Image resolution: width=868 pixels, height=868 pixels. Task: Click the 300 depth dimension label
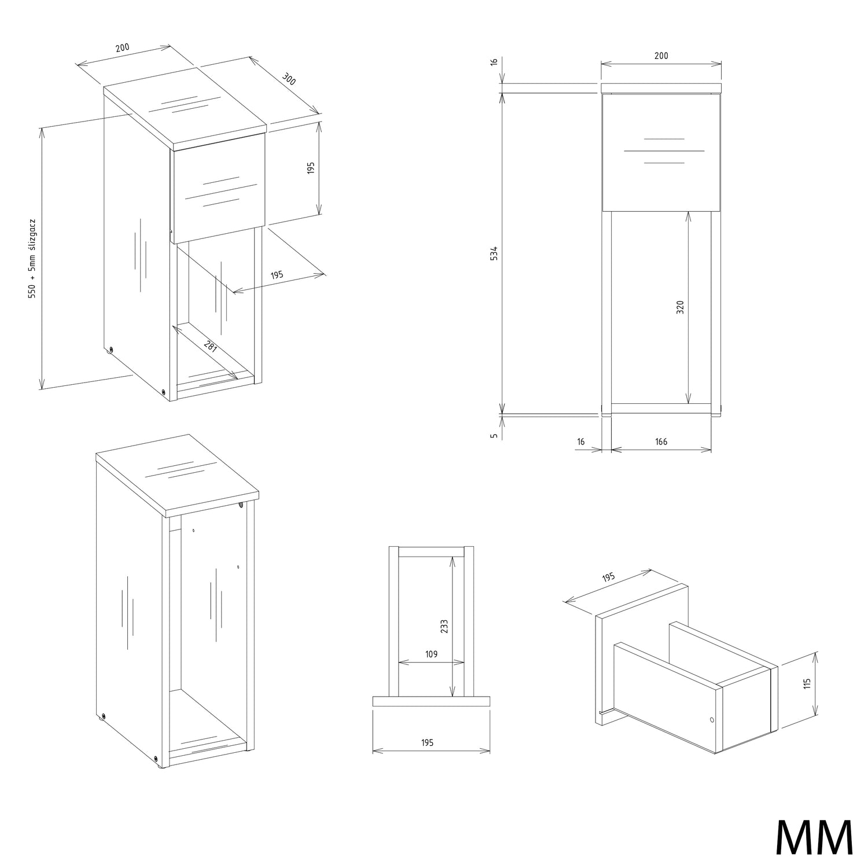coord(289,79)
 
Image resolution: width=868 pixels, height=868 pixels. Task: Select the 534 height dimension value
coord(494,253)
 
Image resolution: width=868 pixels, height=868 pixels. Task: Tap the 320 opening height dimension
coord(681,307)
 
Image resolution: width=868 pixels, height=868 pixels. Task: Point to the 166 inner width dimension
coord(661,442)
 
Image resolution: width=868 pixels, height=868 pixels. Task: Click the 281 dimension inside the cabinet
coord(210,346)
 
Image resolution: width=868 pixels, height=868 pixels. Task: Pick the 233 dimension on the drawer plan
coord(444,626)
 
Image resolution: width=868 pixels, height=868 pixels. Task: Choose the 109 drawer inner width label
coord(431,654)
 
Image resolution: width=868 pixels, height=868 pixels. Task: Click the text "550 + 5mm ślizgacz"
coord(33,259)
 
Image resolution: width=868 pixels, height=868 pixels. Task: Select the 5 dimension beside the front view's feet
coord(494,435)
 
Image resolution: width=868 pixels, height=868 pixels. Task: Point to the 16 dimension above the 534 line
coord(494,62)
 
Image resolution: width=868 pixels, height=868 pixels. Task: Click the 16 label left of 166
coord(581,442)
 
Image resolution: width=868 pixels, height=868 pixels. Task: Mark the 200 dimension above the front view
coord(661,56)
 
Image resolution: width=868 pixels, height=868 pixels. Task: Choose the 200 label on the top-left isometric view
coord(122,47)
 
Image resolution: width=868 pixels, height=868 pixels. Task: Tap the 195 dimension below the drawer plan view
coord(427,742)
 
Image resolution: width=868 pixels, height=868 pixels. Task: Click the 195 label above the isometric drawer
coord(608,577)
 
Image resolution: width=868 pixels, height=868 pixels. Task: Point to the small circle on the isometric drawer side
coord(712,720)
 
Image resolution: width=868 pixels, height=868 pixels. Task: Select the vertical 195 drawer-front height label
coord(311,168)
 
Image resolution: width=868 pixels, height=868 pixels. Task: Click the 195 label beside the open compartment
coord(277,275)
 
